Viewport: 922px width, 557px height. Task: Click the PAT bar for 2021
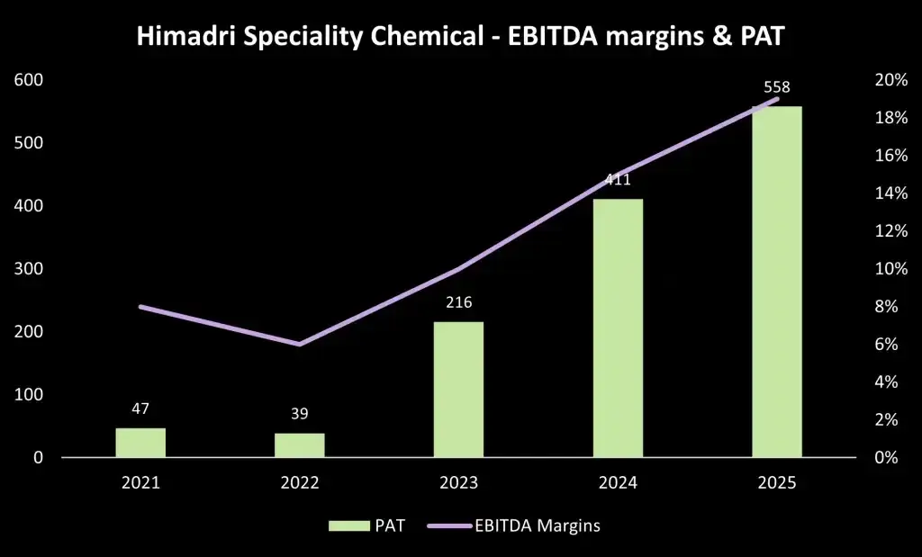pos(140,443)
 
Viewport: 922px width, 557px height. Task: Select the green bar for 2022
pos(299,445)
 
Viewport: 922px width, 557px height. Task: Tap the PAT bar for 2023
pos(458,390)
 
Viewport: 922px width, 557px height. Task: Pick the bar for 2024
pos(618,328)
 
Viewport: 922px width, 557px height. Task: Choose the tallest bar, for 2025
pos(777,282)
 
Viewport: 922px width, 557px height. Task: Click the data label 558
pos(777,88)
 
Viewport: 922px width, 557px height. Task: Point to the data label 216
pos(458,302)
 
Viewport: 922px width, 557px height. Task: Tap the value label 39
pos(299,414)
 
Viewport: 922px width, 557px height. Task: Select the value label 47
pos(140,409)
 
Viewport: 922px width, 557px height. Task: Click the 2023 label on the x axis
pos(458,483)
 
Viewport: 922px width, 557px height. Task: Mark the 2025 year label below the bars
pos(777,483)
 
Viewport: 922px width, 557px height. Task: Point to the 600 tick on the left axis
pos(30,80)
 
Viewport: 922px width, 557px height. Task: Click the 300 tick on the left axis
pos(30,268)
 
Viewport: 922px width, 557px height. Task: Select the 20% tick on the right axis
pos(891,80)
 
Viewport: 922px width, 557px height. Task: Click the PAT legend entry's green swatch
pos(348,526)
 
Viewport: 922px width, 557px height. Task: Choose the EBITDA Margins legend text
pos(538,526)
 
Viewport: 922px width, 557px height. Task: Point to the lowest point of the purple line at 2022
pos(299,345)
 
